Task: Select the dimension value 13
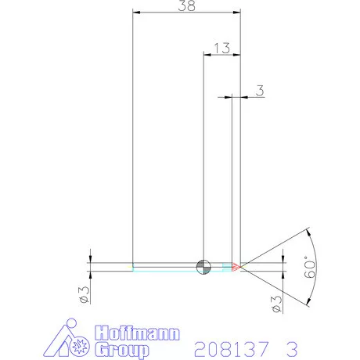point(221,47)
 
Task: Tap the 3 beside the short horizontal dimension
point(259,91)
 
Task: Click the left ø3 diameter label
point(83,294)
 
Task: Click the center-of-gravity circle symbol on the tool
point(203,266)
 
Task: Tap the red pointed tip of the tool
point(238,266)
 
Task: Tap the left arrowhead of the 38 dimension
point(136,13)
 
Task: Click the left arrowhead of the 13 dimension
point(207,54)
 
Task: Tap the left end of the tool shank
point(134,266)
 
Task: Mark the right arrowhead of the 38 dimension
point(237,13)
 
